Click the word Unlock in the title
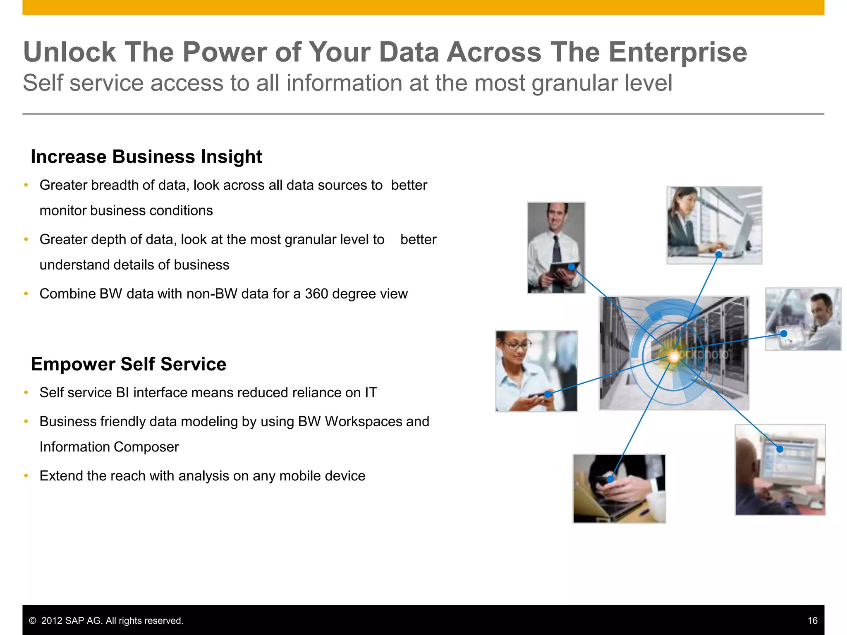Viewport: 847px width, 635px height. pyautogui.click(x=69, y=52)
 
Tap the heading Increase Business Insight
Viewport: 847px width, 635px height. pyautogui.click(x=146, y=157)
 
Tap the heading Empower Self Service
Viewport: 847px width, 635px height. pyautogui.click(x=129, y=364)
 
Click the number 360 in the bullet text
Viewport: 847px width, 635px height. pyautogui.click(x=316, y=294)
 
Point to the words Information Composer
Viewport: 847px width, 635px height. pyautogui.click(x=109, y=447)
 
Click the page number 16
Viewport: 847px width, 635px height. pyautogui.click(x=812, y=621)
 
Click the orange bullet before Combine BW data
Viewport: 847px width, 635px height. pyautogui.click(x=26, y=294)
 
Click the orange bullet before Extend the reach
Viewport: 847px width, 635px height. pyautogui.click(x=26, y=476)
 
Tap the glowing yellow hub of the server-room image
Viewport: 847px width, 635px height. pyautogui.click(x=674, y=356)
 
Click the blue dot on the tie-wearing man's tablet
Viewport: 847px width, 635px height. pyautogui.click(x=572, y=267)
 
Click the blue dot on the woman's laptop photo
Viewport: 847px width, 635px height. pyautogui.click(x=719, y=255)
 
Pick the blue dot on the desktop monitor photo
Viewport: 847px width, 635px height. pyautogui.click(x=780, y=449)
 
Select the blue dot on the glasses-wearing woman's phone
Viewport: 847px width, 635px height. pyautogui.click(x=548, y=394)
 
